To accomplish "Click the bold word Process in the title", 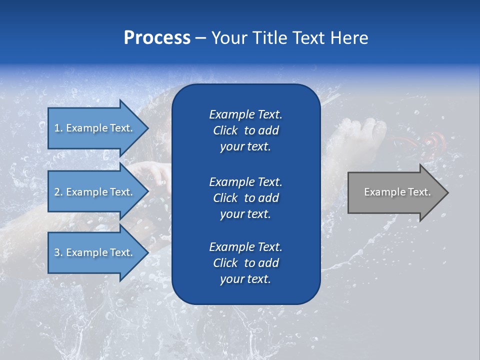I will [157, 38].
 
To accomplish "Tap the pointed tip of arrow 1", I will [147, 128].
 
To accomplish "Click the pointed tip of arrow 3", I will [147, 252].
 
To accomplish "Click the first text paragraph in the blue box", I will [245, 130].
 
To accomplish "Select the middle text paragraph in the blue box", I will [245, 198].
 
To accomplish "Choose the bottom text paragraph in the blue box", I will [245, 263].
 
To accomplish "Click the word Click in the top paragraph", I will [225, 130].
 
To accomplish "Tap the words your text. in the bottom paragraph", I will [245, 279].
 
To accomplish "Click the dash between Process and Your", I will [200, 38].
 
